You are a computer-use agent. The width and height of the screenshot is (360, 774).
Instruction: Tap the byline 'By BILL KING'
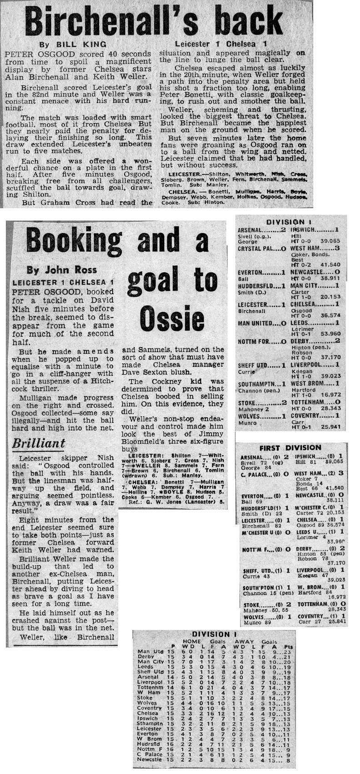73,44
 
